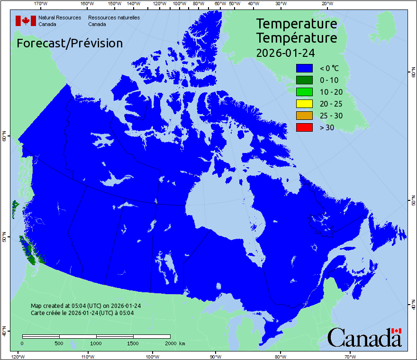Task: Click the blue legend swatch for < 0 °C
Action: (304, 68)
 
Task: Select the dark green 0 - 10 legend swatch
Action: (304, 80)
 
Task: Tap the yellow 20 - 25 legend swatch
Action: (304, 104)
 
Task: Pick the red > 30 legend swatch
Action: (304, 127)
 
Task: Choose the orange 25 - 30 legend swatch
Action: (304, 116)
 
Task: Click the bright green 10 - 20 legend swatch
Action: (304, 92)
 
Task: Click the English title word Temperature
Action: (297, 24)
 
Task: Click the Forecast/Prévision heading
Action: (70, 43)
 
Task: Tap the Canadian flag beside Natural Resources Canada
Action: (26, 21)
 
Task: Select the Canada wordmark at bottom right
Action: (364, 337)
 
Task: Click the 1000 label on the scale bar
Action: (96, 343)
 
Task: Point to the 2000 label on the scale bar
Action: (170, 343)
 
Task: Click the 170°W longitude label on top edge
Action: (41, 4)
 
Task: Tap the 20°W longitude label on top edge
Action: (327, 4)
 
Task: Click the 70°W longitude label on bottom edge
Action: (350, 356)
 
